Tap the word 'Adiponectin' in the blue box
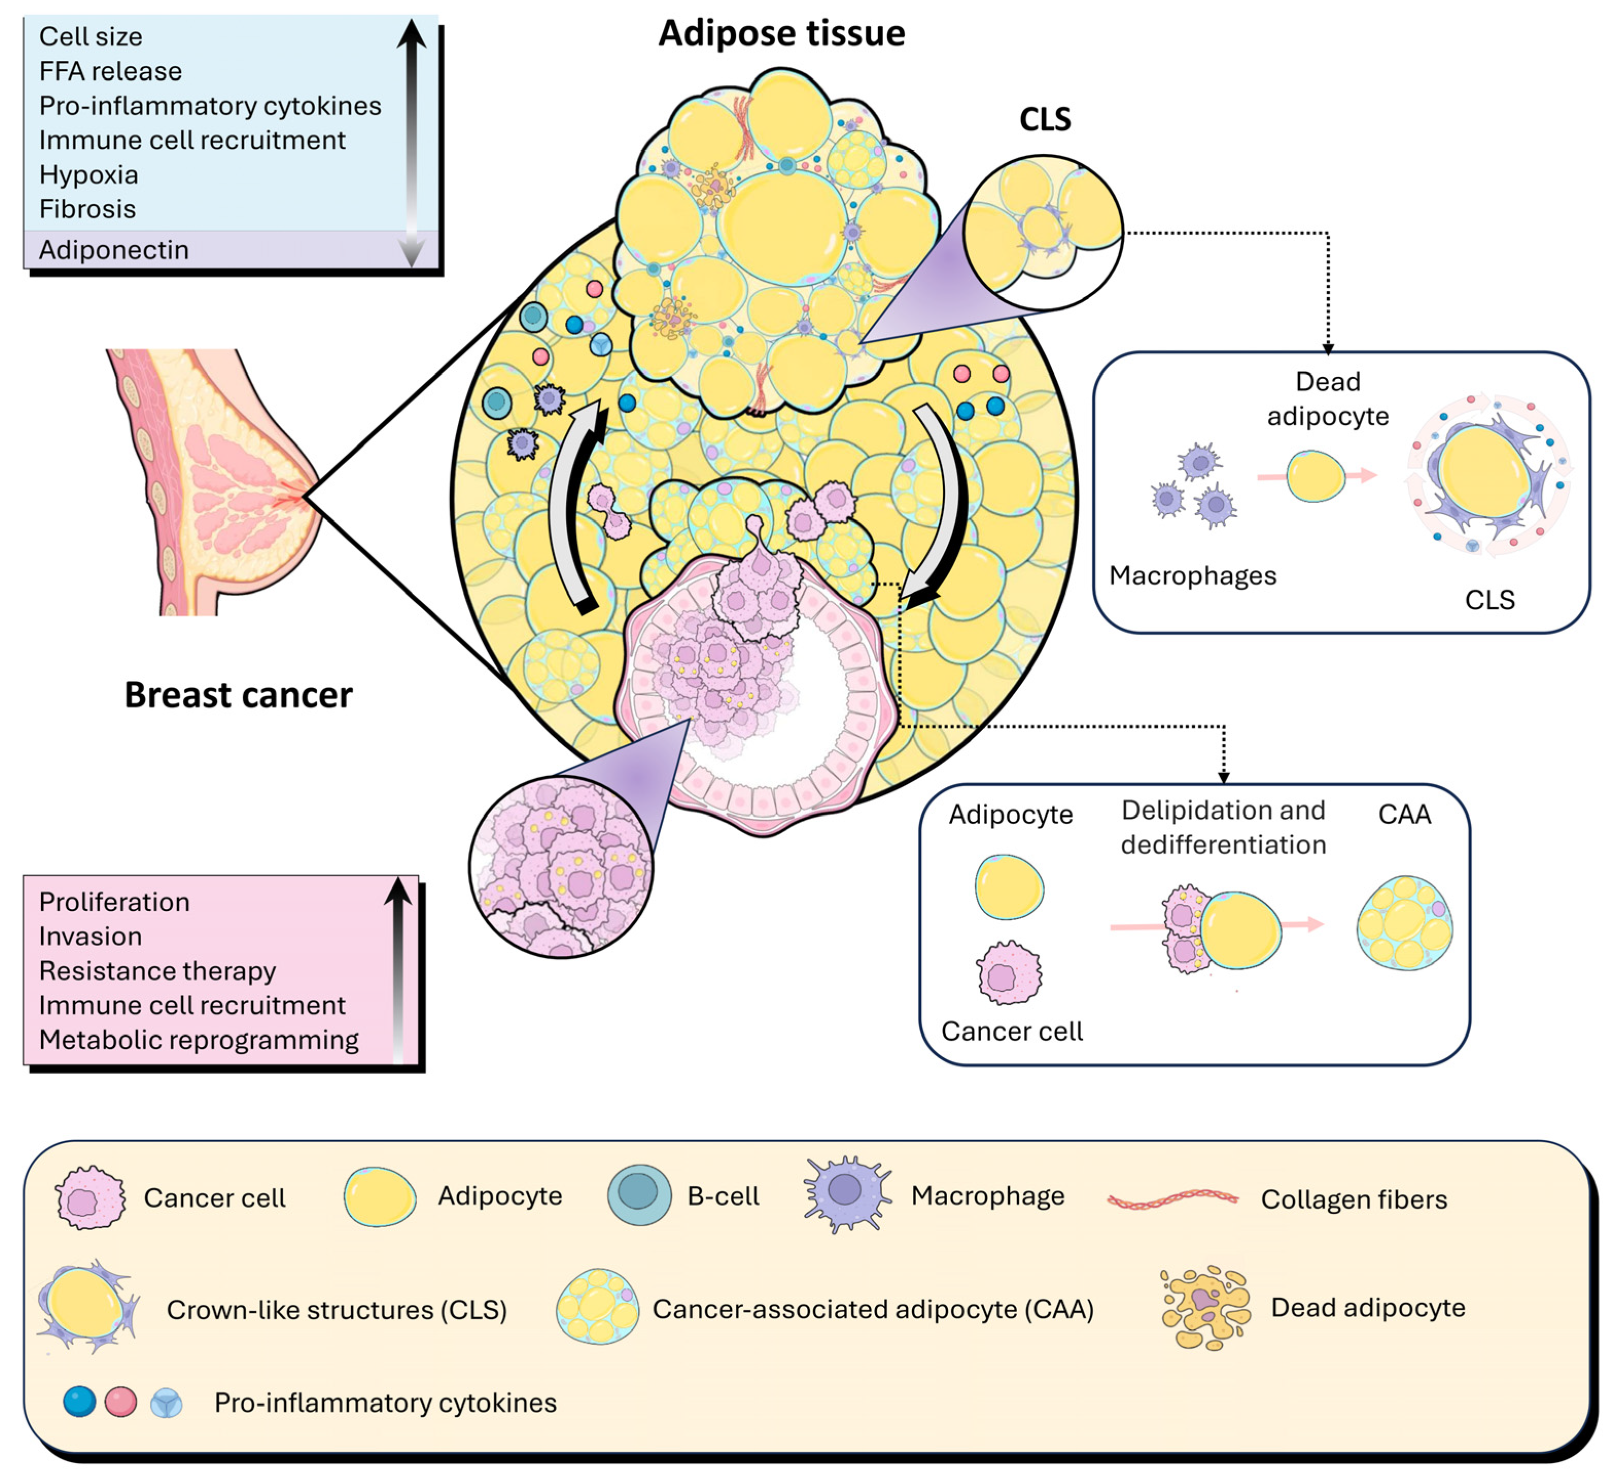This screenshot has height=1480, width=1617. tap(114, 250)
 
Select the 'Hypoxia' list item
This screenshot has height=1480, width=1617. tap(88, 175)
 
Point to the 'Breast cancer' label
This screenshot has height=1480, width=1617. tap(238, 695)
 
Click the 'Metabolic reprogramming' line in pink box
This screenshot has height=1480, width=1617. tap(198, 1040)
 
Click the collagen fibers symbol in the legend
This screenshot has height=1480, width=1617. tap(1172, 1199)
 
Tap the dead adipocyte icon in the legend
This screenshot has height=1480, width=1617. tap(1205, 1307)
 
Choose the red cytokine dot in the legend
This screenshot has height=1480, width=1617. tap(121, 1402)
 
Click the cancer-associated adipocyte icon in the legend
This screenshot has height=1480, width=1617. tap(597, 1307)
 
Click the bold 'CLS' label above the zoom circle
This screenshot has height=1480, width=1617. tap(1044, 119)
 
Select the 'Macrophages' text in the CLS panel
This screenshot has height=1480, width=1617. tap(1192, 575)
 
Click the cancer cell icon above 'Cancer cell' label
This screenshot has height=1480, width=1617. tap(1009, 974)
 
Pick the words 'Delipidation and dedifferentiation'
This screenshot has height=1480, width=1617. tap(1223, 827)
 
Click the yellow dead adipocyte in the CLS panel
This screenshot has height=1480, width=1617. tap(1315, 476)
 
